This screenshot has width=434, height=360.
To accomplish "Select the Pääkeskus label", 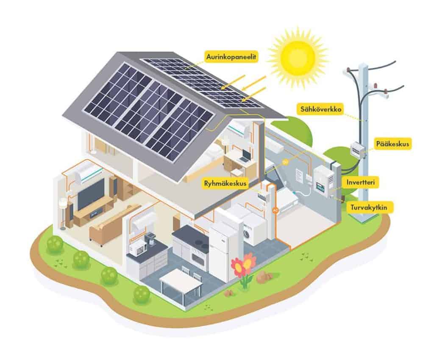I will pyautogui.click(x=392, y=144).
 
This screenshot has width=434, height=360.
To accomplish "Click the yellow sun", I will pyautogui.click(x=298, y=55).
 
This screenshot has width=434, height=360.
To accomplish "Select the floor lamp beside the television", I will pyautogui.click(x=63, y=212).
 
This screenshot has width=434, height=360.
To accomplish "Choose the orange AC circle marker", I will pyautogui.click(x=275, y=210).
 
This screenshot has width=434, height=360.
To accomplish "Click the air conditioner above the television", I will pyautogui.click(x=88, y=172).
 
